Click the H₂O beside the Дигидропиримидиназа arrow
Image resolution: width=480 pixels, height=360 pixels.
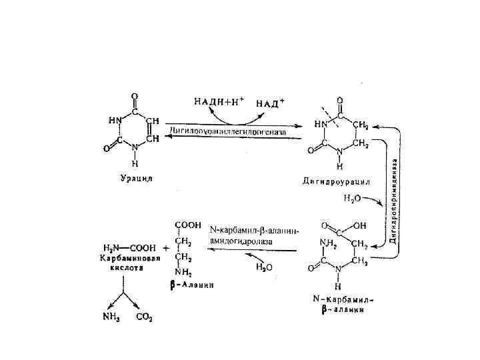click(x=353, y=198)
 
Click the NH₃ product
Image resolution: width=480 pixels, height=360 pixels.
click(x=111, y=317)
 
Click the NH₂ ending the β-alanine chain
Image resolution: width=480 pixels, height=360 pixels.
click(x=183, y=271)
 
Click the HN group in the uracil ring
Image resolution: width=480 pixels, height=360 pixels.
click(x=115, y=121)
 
